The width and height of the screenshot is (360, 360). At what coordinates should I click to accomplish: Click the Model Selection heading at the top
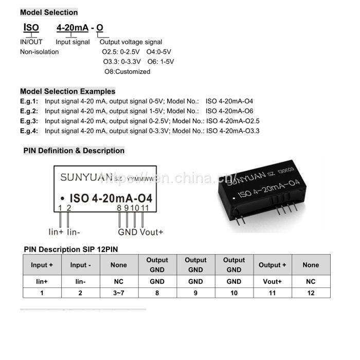click(x=49, y=12)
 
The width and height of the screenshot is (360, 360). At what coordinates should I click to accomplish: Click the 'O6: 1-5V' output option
click(x=160, y=62)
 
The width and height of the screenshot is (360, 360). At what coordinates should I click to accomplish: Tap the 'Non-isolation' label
click(x=39, y=52)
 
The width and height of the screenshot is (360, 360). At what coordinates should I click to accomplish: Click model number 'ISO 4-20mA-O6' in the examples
click(x=229, y=111)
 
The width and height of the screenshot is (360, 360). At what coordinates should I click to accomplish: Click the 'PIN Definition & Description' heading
click(x=74, y=151)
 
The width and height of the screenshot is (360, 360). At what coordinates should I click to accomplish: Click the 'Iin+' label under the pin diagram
click(x=56, y=232)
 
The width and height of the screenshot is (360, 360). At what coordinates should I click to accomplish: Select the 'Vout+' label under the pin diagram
click(x=151, y=232)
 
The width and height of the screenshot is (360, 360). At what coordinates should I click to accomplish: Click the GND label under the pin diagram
click(x=128, y=232)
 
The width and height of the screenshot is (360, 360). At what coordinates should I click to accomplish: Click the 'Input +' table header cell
click(x=42, y=265)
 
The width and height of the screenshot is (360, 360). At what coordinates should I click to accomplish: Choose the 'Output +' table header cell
click(x=272, y=265)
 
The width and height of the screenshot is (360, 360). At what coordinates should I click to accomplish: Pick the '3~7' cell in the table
click(x=119, y=293)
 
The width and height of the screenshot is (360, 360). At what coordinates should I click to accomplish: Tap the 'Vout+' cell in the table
click(x=272, y=282)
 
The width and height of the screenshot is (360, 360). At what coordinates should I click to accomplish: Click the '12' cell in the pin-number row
click(x=311, y=293)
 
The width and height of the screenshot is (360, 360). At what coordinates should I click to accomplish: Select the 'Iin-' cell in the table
click(x=80, y=282)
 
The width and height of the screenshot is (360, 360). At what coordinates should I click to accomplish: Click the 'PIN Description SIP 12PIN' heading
click(x=75, y=249)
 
